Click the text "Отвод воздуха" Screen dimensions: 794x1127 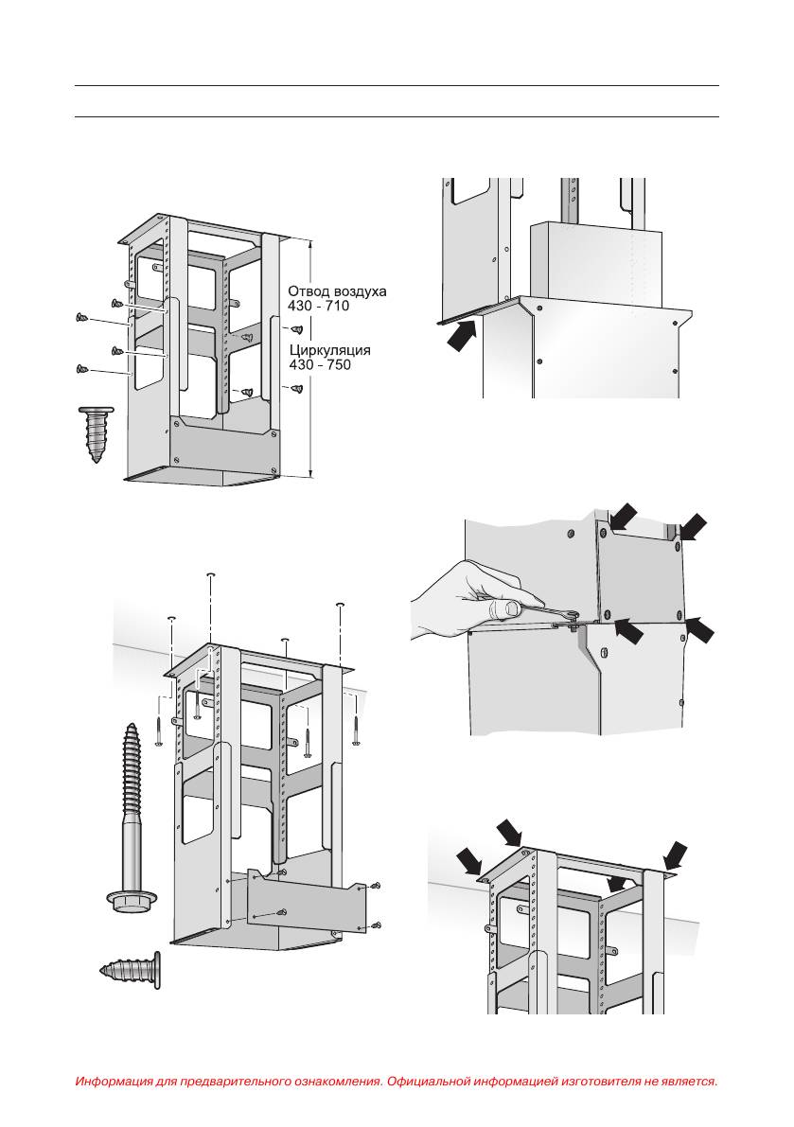point(337,291)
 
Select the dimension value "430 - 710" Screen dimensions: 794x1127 point(318,307)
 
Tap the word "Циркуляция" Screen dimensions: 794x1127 point(330,350)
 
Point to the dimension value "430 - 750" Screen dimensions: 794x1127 point(320,365)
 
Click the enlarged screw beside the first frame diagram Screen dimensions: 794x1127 point(97,432)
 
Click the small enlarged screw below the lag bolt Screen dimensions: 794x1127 point(130,969)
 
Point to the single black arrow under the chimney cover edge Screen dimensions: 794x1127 point(461,334)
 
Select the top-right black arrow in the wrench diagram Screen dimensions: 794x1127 point(693,525)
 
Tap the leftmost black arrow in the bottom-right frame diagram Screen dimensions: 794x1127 point(470,859)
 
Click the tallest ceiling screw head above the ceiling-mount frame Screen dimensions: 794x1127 point(210,575)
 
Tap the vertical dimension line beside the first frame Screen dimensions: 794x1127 point(311,357)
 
